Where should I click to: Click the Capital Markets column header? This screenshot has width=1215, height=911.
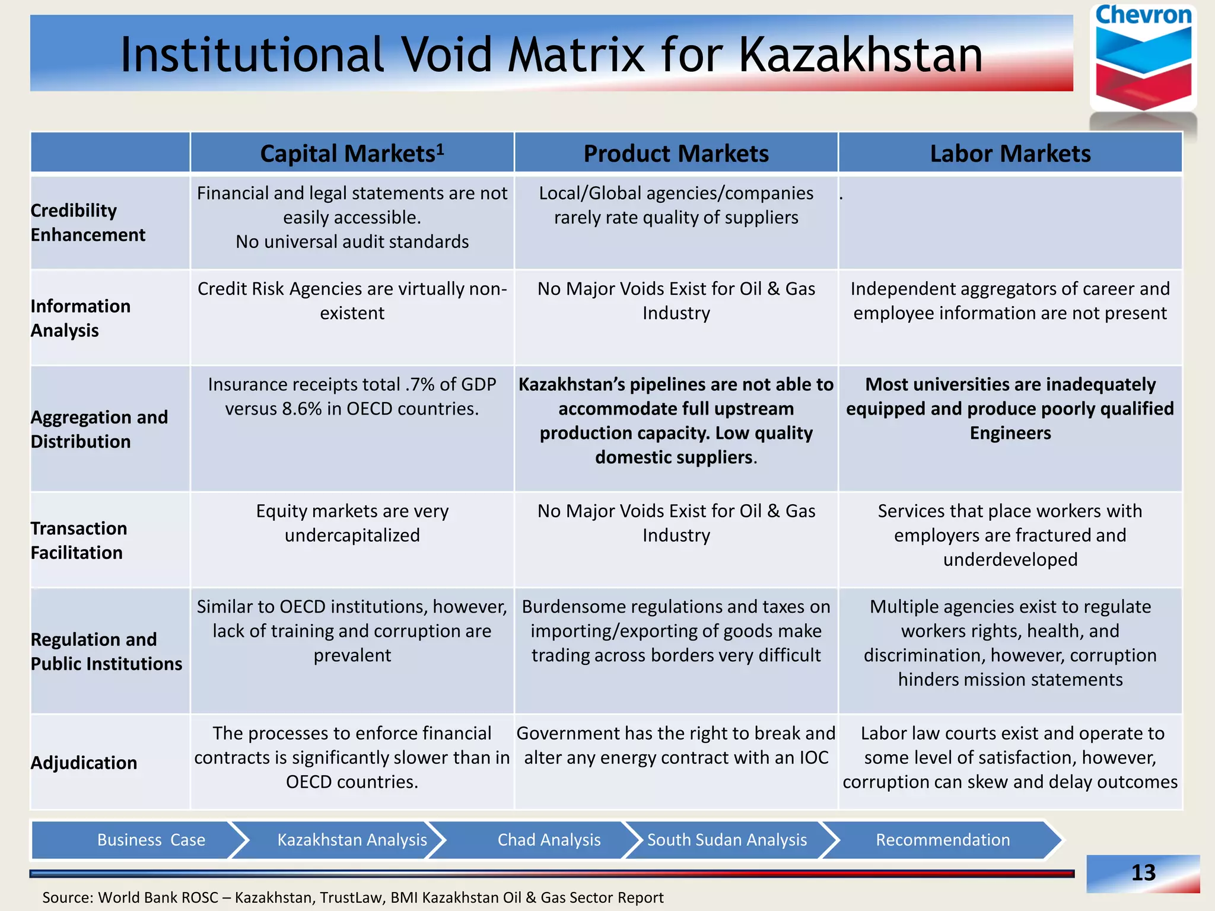coord(352,154)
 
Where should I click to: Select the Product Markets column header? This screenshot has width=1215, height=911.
coord(676,154)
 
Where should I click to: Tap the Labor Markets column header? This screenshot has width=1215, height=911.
coord(1010,154)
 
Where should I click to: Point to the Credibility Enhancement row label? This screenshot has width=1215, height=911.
coord(88,222)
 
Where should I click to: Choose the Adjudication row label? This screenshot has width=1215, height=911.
coord(84,763)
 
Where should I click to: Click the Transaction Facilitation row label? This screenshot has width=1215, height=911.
coord(78,540)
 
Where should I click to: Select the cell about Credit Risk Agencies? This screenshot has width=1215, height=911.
coord(352,301)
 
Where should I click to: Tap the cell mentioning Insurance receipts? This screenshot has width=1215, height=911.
coord(352,397)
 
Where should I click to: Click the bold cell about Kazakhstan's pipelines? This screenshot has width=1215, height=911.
coord(676,421)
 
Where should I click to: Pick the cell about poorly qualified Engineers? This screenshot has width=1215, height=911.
coord(1010,409)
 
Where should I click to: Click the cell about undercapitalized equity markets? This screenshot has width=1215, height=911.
coord(352,523)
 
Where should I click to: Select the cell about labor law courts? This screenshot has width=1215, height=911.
coord(1010,757)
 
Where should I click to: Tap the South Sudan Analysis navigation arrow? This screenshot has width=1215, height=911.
coord(727,840)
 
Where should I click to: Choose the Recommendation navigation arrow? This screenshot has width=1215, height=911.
coord(943,840)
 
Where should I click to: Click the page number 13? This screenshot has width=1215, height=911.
coord(1143,872)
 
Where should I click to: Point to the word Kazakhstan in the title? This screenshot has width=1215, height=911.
coord(860,55)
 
